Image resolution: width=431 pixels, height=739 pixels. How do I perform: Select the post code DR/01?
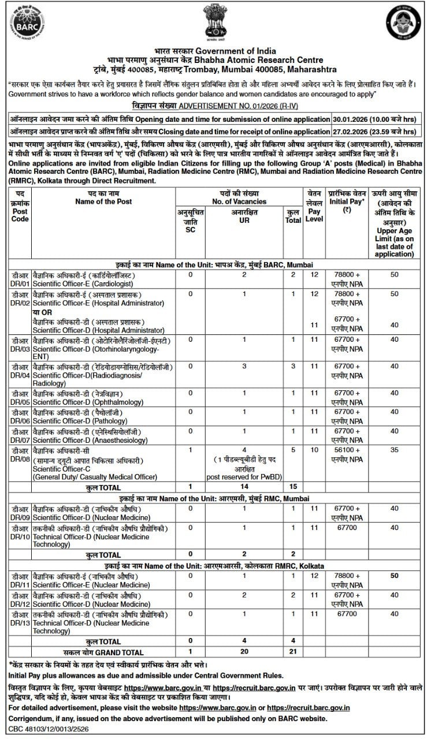click(x=20, y=283)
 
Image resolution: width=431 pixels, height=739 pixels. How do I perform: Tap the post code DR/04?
click(x=20, y=375)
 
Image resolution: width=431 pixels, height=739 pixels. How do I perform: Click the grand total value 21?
click(x=293, y=652)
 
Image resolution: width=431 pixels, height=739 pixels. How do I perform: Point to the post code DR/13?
click(x=20, y=623)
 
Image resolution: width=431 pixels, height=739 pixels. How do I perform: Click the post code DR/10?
click(x=20, y=537)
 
